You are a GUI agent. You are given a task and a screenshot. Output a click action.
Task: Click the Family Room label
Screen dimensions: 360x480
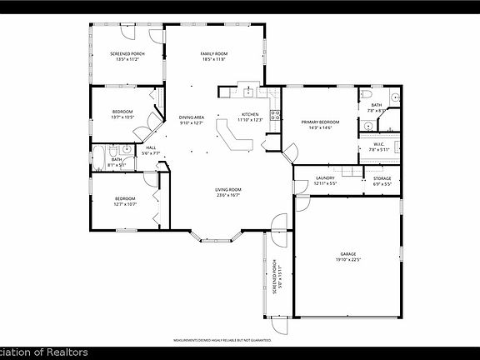click(x=213, y=57)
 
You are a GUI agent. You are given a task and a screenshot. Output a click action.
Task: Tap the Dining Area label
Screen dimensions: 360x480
click(x=192, y=120)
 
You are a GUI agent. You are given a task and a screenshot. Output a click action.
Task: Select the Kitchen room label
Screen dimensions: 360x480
click(x=250, y=117)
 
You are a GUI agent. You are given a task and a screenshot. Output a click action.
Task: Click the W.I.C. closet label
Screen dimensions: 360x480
click(x=377, y=147)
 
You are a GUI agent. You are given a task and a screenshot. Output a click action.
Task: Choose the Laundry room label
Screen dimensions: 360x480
click(x=325, y=180)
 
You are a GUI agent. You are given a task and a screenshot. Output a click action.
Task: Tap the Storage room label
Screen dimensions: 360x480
click(x=382, y=180)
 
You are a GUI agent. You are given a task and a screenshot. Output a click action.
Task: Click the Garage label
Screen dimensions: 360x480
click(x=347, y=255)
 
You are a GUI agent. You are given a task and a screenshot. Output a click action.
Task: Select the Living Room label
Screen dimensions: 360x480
click(x=228, y=192)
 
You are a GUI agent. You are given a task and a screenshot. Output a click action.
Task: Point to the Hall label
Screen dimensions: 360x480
click(x=151, y=150)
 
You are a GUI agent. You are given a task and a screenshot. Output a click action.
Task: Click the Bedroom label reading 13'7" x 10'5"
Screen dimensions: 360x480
click(x=123, y=115)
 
